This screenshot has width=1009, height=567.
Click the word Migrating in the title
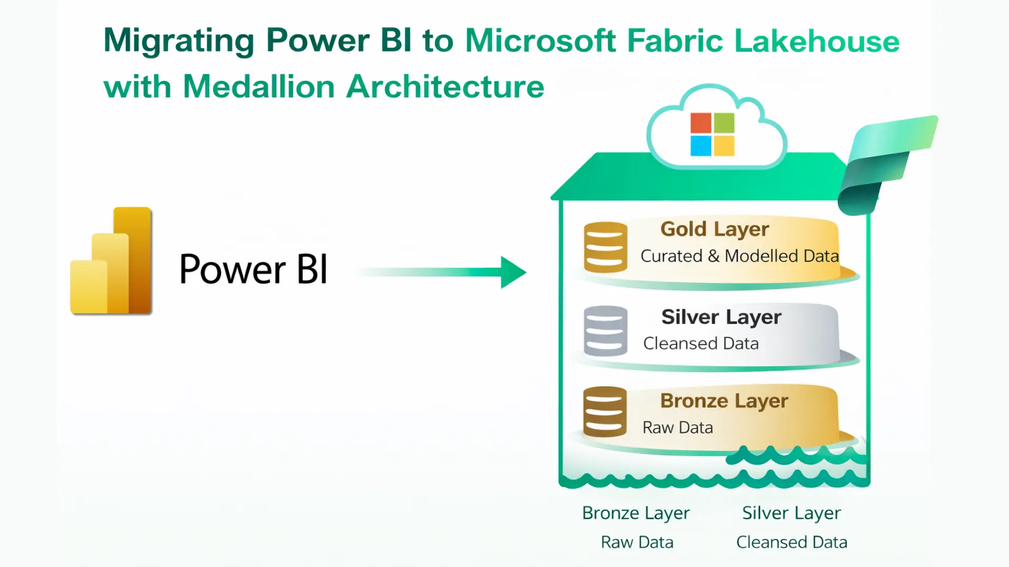(179, 41)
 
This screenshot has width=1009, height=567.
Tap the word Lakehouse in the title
(817, 41)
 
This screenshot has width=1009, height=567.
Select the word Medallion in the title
(259, 87)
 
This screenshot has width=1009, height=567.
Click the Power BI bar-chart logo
(111, 261)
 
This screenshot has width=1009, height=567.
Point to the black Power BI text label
(253, 269)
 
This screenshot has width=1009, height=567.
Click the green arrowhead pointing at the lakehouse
(512, 272)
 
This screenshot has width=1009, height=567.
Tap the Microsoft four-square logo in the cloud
(712, 134)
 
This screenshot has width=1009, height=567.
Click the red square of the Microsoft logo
(701, 123)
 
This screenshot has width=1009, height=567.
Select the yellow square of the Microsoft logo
(724, 146)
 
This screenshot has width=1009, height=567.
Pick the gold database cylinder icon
(605, 247)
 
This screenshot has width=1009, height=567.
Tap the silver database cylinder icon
(605, 331)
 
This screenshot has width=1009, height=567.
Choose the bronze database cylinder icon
(605, 412)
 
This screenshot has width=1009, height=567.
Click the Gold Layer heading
(715, 229)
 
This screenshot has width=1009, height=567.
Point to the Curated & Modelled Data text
(739, 256)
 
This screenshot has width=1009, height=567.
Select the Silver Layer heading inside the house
(721, 317)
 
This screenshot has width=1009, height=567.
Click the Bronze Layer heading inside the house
(724, 401)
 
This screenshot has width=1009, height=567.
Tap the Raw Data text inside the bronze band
(677, 428)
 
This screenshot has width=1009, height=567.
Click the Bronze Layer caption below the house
(636, 513)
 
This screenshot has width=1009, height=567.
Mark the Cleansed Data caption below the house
(791, 542)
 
